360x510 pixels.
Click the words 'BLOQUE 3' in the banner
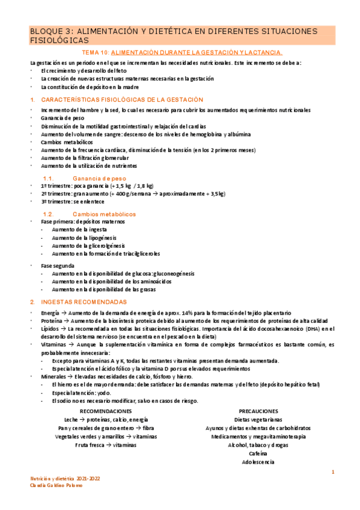pos(50,31)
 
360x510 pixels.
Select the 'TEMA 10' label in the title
pos(96,53)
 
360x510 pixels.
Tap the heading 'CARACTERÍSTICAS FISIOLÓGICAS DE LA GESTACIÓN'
pos(122,99)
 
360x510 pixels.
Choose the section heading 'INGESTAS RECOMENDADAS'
pos(84,301)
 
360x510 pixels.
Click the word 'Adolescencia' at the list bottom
pos(258,462)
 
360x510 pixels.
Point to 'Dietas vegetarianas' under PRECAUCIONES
pos(258,420)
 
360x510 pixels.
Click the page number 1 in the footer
pos(332,473)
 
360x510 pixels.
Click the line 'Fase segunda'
pos(58,265)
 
